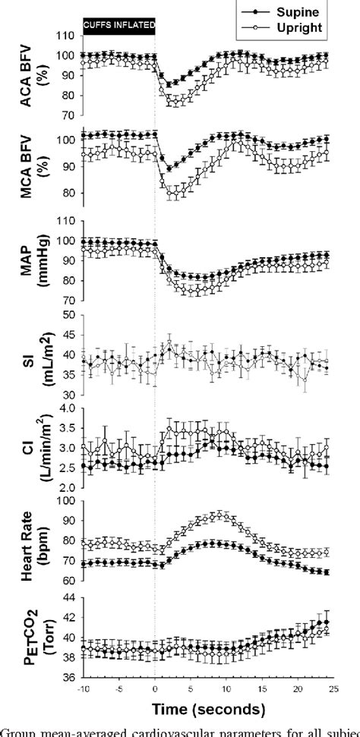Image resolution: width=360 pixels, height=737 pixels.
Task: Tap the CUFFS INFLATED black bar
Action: [118, 26]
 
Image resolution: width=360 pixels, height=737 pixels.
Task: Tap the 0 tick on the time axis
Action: [154, 688]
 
